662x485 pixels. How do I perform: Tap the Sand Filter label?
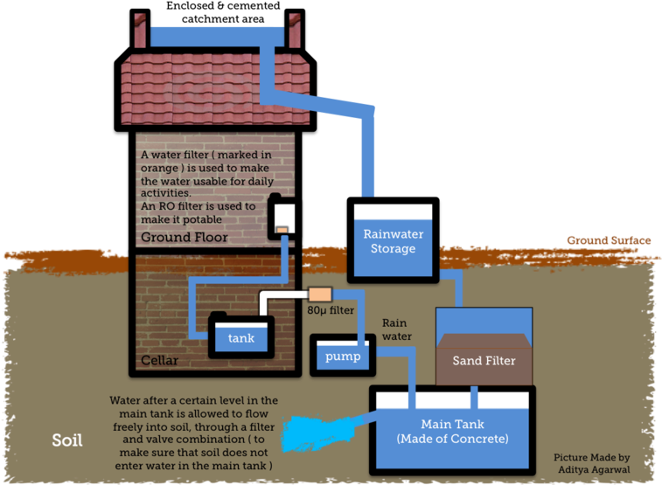click(484, 360)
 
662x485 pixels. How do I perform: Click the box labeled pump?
click(343, 357)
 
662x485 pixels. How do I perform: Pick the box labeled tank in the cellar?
click(240, 337)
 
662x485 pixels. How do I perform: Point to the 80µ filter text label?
click(331, 309)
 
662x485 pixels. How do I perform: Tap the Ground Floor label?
click(185, 237)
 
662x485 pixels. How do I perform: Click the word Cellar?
click(160, 361)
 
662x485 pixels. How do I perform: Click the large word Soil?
click(66, 440)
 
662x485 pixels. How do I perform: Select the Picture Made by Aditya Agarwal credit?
click(591, 464)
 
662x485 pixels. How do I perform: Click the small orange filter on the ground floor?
click(282, 230)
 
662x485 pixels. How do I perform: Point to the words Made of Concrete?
click(452, 438)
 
